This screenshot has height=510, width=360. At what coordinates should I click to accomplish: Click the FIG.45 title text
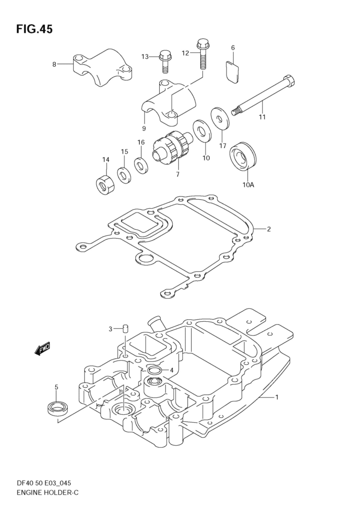pos(34,29)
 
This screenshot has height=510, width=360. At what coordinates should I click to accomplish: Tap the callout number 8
pos(54,64)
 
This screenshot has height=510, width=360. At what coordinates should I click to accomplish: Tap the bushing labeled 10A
pos(243,156)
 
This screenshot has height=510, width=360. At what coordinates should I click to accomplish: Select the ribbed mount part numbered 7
pos(173,148)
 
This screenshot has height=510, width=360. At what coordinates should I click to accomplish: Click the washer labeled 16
pos(141,165)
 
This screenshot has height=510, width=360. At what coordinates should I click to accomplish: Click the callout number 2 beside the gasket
pos(269,229)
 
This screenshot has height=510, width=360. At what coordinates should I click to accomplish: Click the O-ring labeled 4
pos(154,370)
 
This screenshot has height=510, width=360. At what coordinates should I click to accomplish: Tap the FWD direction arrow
pos(42,349)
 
